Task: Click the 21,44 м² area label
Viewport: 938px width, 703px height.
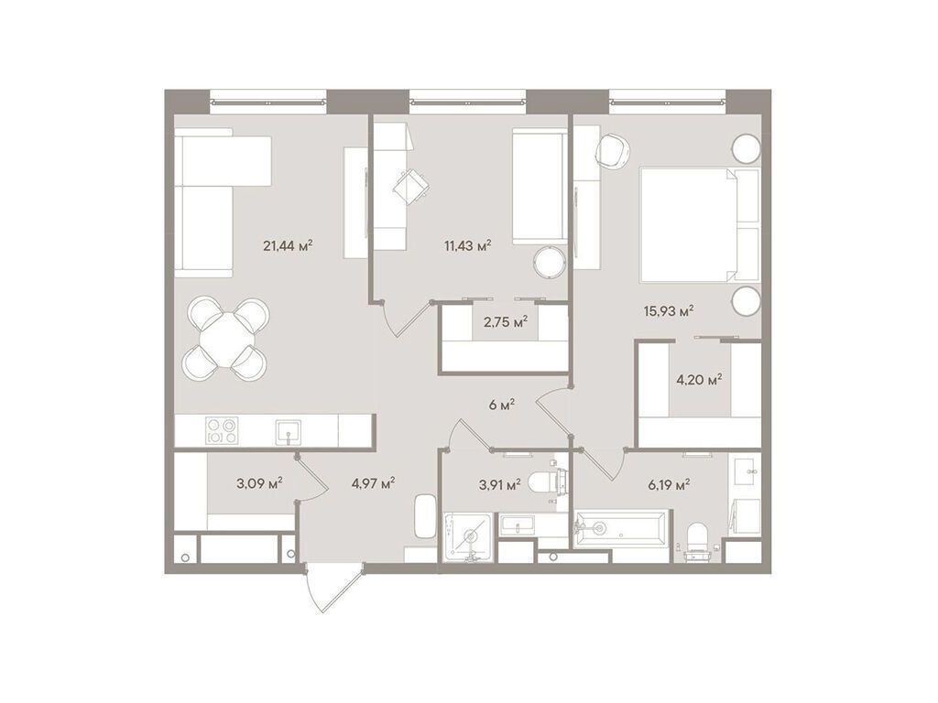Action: click(288, 244)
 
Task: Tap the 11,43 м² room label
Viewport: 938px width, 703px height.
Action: click(466, 244)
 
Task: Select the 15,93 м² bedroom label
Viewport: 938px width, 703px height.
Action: click(668, 310)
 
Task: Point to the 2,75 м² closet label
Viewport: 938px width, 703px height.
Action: click(504, 321)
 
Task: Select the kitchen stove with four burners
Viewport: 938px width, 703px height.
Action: click(222, 430)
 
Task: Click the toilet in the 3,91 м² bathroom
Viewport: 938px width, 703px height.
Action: click(552, 482)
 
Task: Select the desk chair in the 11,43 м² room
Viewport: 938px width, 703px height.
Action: click(409, 183)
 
